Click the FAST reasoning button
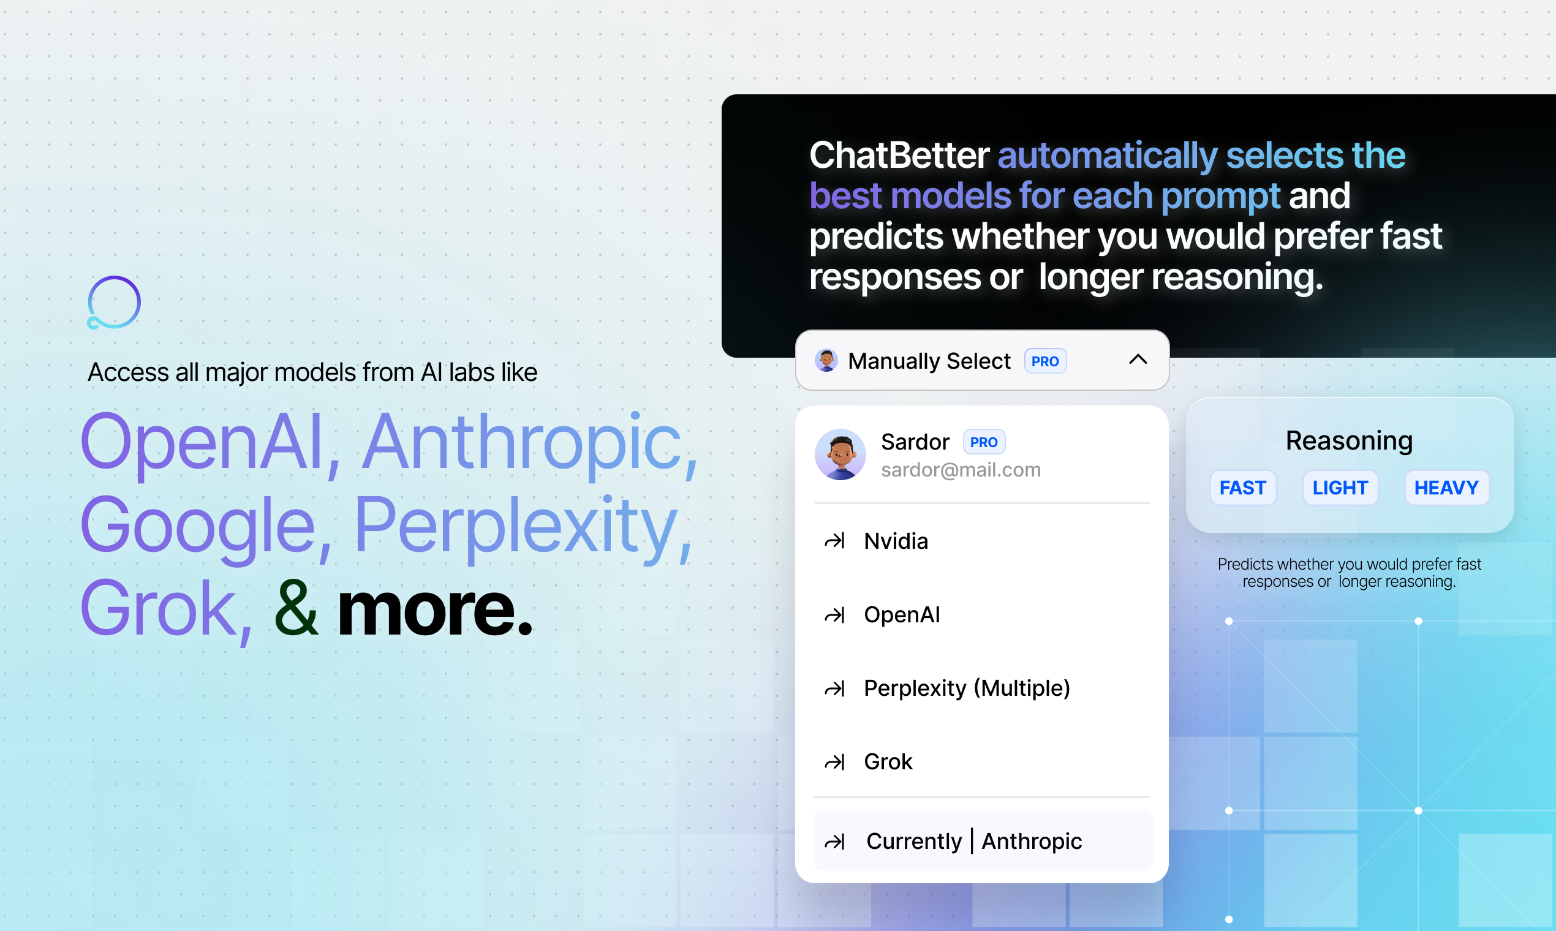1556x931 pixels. tap(1242, 488)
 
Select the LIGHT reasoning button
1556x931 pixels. tap(1340, 488)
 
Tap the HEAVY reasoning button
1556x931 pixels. tap(1446, 488)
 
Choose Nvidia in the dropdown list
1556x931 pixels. tap(896, 541)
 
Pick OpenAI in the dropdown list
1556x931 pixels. tap(902, 614)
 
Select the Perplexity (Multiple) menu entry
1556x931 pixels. tap(967, 688)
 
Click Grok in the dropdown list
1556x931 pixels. tap(888, 761)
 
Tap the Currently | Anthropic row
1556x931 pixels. tap(983, 841)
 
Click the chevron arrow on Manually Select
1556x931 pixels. tap(1138, 360)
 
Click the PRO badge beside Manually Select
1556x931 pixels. tap(1045, 361)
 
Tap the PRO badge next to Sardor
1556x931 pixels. tap(984, 442)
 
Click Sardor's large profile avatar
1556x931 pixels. tap(840, 454)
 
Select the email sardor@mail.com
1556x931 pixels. tap(961, 470)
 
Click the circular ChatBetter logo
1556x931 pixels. tap(113, 303)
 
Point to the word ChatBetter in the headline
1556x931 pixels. tap(899, 155)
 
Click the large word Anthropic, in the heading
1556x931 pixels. tap(530, 442)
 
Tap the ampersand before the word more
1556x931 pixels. tap(296, 607)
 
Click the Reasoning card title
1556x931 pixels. tap(1349, 440)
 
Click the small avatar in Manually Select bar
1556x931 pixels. tap(826, 360)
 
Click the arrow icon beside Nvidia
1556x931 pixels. tap(834, 541)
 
